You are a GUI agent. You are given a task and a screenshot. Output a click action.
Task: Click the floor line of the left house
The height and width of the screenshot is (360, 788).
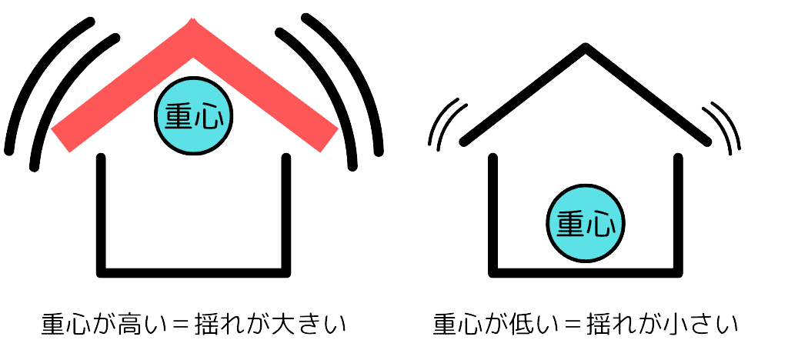[x=194, y=272]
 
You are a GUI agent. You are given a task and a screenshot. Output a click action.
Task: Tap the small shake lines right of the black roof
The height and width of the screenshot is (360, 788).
[x=727, y=123]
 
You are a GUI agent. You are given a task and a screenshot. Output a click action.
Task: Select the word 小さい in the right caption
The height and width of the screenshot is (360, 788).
[x=708, y=324]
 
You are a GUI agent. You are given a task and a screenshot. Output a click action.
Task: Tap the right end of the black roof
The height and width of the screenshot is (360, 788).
[x=704, y=142]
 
